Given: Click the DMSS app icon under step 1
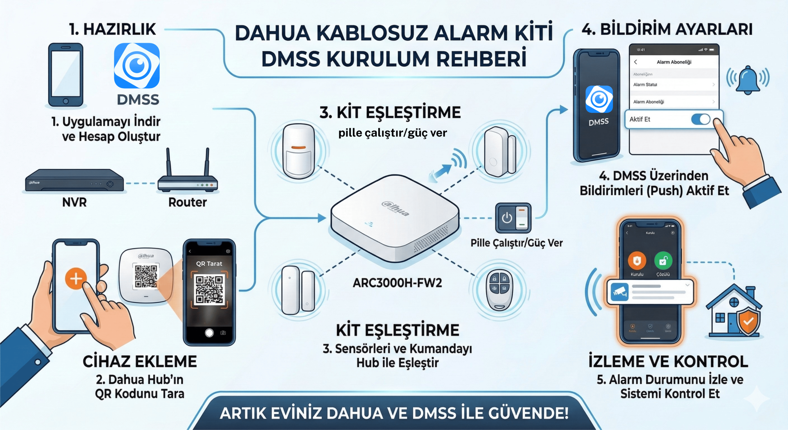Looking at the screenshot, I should [137, 66].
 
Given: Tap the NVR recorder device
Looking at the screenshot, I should [75, 181].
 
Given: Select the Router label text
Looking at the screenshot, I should [187, 202].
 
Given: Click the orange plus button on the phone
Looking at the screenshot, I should [76, 278].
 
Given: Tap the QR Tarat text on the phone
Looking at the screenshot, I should [209, 264].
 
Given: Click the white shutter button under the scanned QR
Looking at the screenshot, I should [209, 333].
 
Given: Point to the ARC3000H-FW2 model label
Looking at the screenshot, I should [397, 283].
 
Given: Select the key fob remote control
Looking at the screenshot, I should [499, 289].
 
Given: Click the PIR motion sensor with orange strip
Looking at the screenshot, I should [298, 150].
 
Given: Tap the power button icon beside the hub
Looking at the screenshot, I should [507, 218].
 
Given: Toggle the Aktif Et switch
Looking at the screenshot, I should [701, 119].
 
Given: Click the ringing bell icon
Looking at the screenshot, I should [748, 80].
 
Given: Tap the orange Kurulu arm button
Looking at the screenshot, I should [637, 261].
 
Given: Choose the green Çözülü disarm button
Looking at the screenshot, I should [663, 261].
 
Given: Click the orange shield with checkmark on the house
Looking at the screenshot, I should [748, 321].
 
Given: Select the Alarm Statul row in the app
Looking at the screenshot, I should [673, 85].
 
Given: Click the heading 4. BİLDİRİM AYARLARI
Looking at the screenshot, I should [667, 29].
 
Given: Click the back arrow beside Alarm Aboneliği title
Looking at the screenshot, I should [636, 62].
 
